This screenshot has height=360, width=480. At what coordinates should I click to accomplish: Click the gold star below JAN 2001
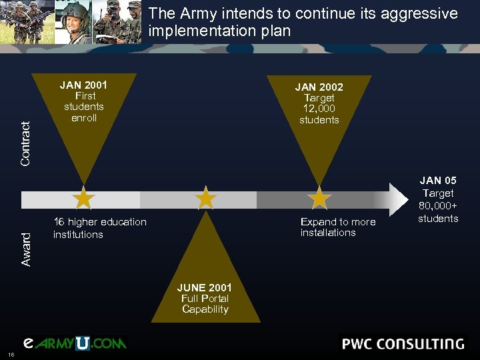click(84, 198)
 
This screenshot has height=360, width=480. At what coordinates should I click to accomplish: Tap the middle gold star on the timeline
click(206, 198)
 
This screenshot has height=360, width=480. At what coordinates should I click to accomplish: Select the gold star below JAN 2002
click(320, 198)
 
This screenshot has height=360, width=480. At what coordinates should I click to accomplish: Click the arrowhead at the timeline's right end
click(398, 199)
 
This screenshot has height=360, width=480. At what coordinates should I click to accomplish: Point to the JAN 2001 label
click(83, 85)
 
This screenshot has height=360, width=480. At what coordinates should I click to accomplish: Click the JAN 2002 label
click(319, 87)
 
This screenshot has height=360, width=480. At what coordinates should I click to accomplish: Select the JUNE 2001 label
click(205, 287)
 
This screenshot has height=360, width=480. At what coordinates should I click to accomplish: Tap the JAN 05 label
click(438, 180)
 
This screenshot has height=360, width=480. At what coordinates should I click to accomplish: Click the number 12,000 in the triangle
click(319, 109)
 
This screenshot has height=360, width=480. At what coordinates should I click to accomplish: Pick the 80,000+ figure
click(438, 205)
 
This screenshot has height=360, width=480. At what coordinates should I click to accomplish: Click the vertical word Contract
click(26, 144)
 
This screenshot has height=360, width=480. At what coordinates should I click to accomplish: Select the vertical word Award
click(26, 249)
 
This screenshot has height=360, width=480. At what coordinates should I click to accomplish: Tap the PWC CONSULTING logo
click(403, 344)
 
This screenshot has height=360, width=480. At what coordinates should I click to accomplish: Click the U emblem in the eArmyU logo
click(82, 343)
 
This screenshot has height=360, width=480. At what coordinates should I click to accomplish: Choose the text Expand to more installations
click(337, 227)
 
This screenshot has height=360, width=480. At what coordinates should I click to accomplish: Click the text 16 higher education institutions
click(99, 228)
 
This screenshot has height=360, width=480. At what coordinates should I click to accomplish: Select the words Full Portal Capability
click(205, 304)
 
